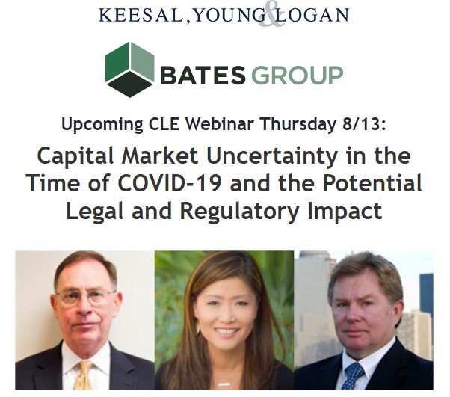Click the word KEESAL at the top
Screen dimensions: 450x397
pyautogui.click(x=141, y=15)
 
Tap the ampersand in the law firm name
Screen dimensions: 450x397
pyautogui.click(x=271, y=17)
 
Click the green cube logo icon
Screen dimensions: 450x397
pyautogui.click(x=130, y=70)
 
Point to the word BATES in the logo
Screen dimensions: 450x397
pyautogui.click(x=203, y=75)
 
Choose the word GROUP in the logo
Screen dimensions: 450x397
pyautogui.click(x=297, y=75)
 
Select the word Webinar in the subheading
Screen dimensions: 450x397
pyautogui.click(x=220, y=124)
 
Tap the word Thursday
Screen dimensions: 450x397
pyautogui.click(x=298, y=125)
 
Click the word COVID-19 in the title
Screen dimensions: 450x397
pyautogui.click(x=170, y=183)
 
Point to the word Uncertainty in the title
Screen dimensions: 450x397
pyautogui.click(x=272, y=157)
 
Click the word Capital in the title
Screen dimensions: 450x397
pyautogui.click(x=75, y=157)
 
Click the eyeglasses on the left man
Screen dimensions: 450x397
pyautogui.click(x=86, y=296)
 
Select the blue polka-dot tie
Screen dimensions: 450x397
pyautogui.click(x=353, y=376)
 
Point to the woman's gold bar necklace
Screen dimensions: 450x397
pyautogui.click(x=224, y=384)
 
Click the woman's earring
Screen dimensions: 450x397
pyautogui.click(x=198, y=327)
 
